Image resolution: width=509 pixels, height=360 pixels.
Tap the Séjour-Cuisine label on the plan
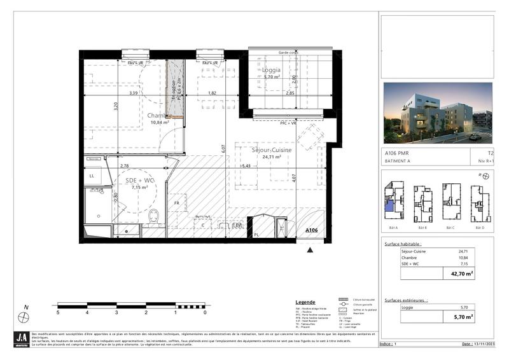coord(272,149)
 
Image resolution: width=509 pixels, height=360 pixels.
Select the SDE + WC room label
coord(140,180)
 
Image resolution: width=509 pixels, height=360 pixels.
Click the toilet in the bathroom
coord(153,218)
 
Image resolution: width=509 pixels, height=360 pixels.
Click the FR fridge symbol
coord(176,203)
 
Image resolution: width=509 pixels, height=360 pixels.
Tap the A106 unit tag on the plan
coord(311,230)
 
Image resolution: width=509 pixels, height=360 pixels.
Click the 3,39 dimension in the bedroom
coord(134,93)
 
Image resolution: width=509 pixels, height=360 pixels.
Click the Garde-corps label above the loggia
coord(288,52)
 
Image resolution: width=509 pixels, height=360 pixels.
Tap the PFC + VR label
coord(290,123)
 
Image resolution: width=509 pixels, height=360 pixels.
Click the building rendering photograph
coord(438,113)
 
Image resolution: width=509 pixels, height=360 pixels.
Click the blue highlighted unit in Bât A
coord(389,204)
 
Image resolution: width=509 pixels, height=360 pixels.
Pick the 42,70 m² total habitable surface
coord(462,274)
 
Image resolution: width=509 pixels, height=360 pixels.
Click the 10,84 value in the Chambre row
coord(463,258)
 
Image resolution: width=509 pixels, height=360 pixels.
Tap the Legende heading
coord(305,302)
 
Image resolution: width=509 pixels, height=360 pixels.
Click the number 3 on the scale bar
coord(116,313)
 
